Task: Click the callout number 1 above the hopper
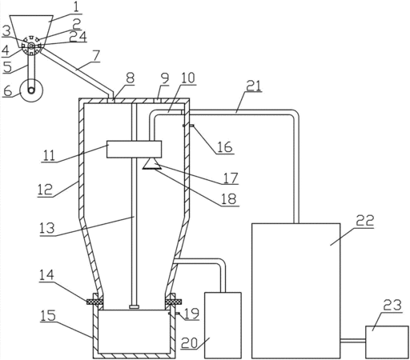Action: coord(76,7)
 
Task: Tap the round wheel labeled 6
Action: coord(31,90)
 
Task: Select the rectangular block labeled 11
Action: coord(134,150)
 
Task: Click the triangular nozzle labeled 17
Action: coord(152,163)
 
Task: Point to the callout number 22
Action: coord(364,221)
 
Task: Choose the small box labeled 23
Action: coord(387,342)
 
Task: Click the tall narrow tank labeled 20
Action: coord(223,325)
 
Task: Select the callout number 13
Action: coord(47,229)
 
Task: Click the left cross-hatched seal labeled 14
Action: coord(94,302)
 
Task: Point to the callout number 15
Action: coord(48,315)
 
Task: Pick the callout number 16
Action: coord(225,147)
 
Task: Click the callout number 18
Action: coord(229,199)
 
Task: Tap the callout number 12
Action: coord(45,190)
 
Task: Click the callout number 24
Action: coord(78,37)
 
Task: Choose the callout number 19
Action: coord(191,314)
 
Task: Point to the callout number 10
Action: coord(188,78)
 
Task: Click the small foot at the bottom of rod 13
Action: coord(135,307)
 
